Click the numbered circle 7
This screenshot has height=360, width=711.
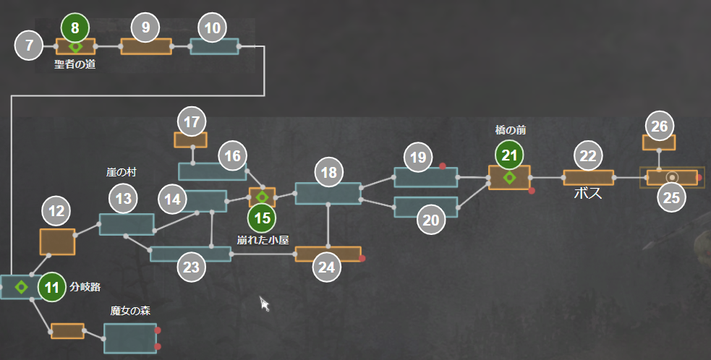coord(29,46)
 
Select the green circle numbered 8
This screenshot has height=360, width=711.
coord(75,28)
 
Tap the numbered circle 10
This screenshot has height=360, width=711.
coord(213,29)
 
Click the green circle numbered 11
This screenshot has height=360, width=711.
coord(51,287)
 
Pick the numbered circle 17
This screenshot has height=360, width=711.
coord(191,122)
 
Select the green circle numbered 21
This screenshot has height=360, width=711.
coord(510,155)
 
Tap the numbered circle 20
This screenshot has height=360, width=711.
coord(431,220)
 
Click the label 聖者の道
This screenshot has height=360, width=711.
coord(74,64)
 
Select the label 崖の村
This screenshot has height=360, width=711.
coord(121,173)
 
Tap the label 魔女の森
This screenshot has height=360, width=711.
coord(130,311)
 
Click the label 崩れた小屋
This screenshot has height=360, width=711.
coord(263,240)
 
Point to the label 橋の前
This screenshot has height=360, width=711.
coord(511,130)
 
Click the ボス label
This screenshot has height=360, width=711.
coord(587,194)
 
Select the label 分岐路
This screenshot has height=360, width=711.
coord(84,286)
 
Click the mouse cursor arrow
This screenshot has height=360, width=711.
coord(265,304)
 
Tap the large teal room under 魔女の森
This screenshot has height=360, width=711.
coord(130,338)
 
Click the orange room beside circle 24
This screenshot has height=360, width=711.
coord(328,254)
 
